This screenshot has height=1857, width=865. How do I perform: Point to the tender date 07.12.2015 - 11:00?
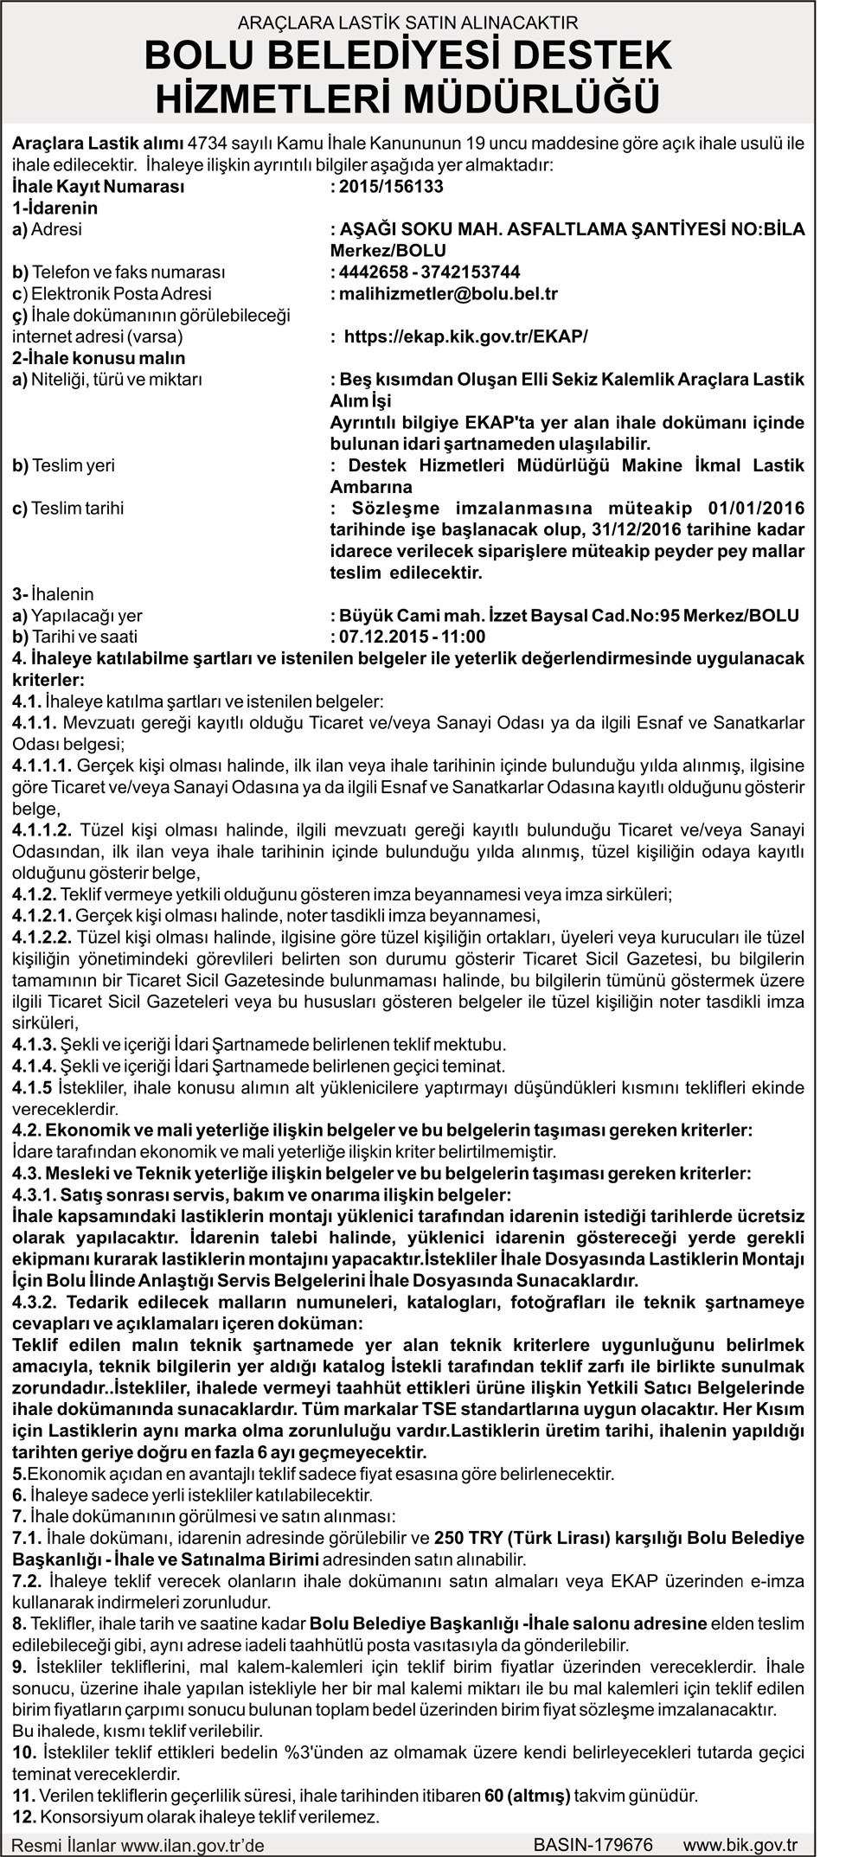click(412, 637)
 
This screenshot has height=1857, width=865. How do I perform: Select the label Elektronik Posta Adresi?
click(112, 294)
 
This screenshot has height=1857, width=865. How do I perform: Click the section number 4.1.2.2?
click(42, 938)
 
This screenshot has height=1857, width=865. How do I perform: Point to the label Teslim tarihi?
click(67, 508)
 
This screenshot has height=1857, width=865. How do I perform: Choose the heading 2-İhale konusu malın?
click(99, 358)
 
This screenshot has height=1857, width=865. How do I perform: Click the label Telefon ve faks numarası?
click(119, 272)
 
